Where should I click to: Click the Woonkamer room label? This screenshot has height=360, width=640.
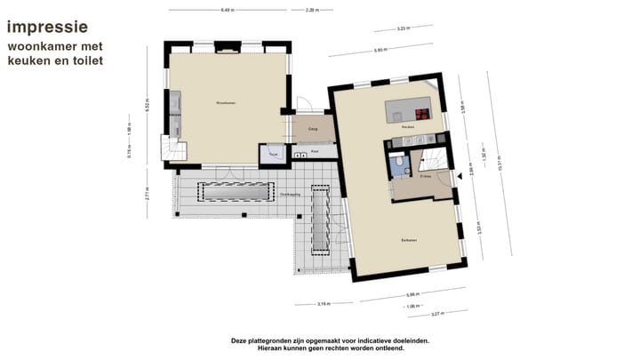click(x=225, y=103)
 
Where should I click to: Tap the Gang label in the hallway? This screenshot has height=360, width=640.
click(x=313, y=130)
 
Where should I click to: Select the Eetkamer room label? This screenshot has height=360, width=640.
click(x=410, y=240)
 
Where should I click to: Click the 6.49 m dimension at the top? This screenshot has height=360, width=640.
click(x=228, y=10)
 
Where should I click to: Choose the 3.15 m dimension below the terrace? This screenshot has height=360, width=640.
click(x=324, y=303)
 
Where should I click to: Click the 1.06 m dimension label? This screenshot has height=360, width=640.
click(x=413, y=306)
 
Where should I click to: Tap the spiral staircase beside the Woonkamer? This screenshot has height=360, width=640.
click(x=172, y=148)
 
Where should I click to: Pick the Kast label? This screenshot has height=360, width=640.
click(x=316, y=151)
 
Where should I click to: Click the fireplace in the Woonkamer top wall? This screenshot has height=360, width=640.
click(x=228, y=51)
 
